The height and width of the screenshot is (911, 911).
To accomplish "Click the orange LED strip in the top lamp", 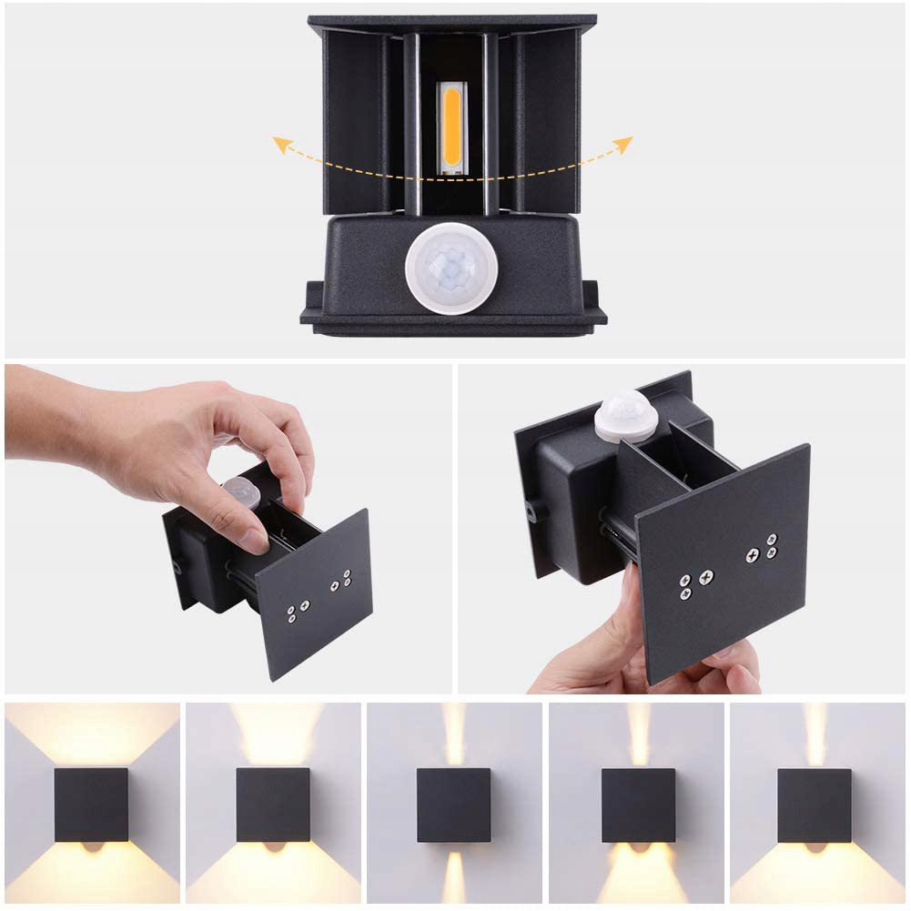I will pos(452,127).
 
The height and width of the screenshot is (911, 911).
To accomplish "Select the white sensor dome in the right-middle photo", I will pos(626,416).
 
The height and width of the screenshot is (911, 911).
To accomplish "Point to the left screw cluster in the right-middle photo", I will pos(694,583).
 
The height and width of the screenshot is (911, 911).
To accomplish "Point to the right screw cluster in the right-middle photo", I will pos(762,546).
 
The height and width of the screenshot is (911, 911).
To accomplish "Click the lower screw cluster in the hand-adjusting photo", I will pos(296,612).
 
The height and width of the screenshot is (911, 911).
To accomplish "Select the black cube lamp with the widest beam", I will pos(91,804).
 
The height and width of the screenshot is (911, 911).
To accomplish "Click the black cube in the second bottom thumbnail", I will pos(272,804).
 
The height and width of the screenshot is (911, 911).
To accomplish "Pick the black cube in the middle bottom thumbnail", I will pos(453,805).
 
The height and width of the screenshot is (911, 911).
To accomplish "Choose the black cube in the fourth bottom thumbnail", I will pos(638,805).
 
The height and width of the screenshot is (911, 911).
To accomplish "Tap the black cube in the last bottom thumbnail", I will pos(814,805).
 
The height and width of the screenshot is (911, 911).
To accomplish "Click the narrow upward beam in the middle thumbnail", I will pos(453,734).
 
